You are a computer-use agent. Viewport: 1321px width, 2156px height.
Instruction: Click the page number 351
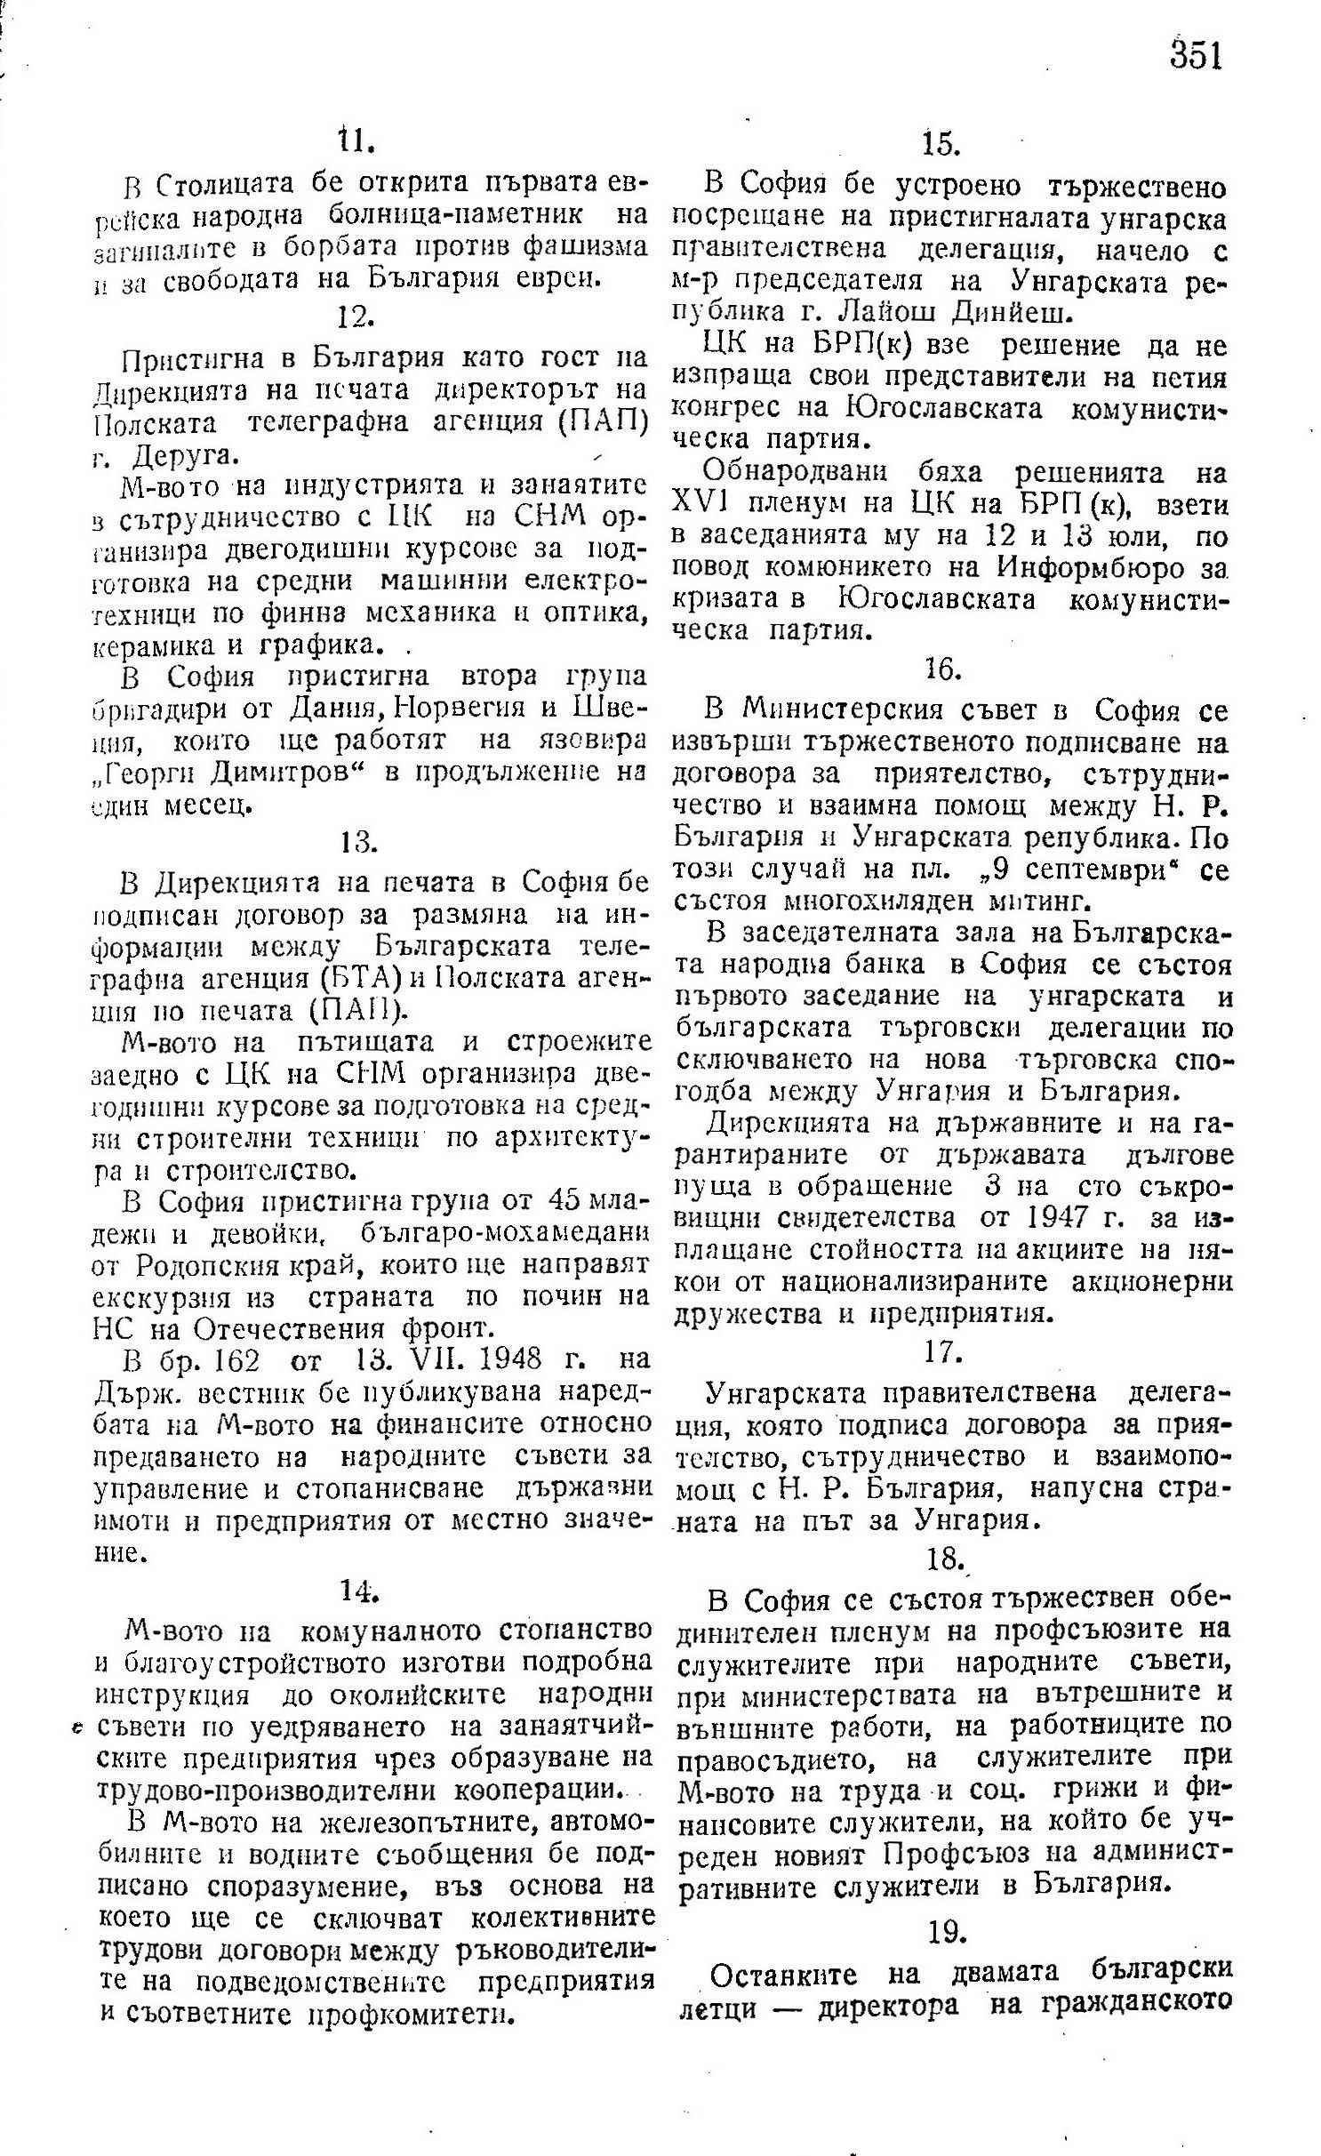coord(1196,56)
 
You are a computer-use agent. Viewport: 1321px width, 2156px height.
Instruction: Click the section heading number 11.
coord(356,143)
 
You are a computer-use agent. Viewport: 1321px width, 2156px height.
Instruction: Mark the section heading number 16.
coord(944,669)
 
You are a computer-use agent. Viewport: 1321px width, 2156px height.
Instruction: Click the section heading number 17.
coord(945,1353)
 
